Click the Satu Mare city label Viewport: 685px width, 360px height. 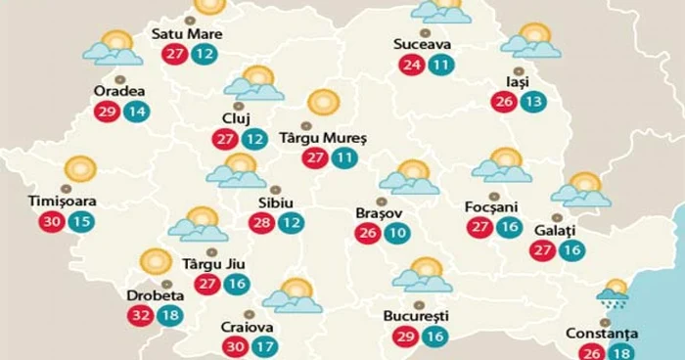click(x=187, y=35)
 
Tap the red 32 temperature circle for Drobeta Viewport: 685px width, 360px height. click(x=141, y=316)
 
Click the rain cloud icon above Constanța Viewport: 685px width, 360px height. click(x=613, y=293)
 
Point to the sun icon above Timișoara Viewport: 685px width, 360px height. click(x=80, y=169)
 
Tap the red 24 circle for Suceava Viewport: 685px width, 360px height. click(x=412, y=67)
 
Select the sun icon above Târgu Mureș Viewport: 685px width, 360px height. click(x=322, y=104)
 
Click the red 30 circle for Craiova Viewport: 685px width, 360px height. click(x=236, y=345)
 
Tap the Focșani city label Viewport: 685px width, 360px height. click(x=489, y=206)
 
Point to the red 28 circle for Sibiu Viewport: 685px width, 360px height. click(x=261, y=223)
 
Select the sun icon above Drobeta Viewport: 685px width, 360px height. click(x=155, y=262)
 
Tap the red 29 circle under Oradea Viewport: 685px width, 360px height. click(x=107, y=111)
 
